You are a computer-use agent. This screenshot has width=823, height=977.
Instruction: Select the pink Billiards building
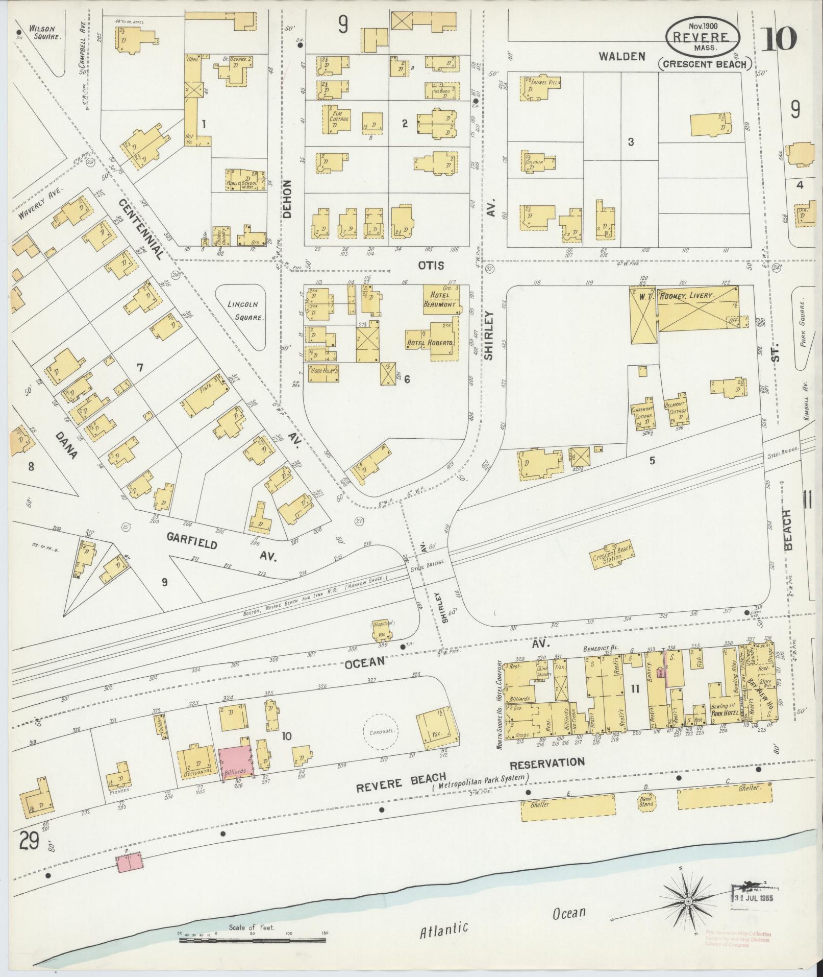[236, 762]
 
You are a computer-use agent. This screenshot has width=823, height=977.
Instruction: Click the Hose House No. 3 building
[322, 373]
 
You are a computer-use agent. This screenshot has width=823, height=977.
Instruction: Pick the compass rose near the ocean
[687, 902]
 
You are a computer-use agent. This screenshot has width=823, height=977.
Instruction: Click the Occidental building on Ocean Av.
[195, 761]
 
